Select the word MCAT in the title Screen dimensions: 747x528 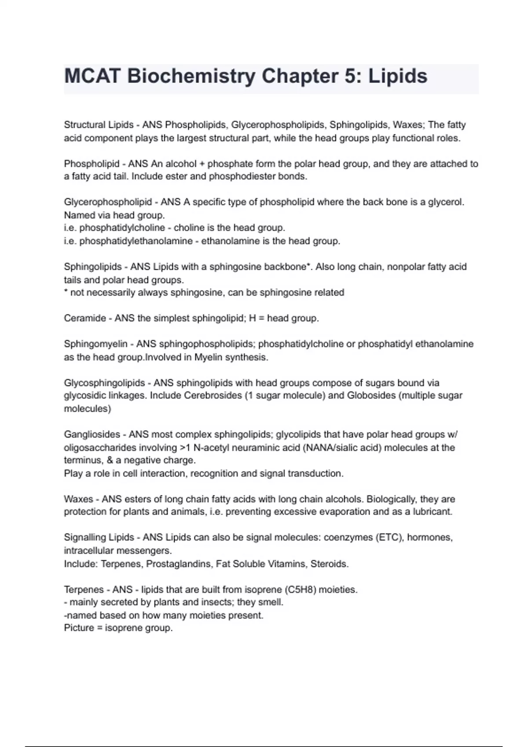92,76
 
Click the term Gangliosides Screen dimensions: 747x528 92,435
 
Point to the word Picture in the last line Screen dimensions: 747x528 79,628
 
